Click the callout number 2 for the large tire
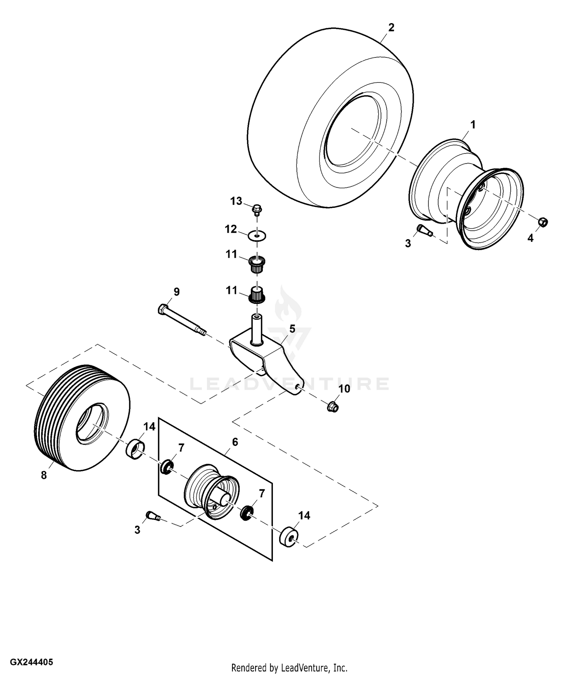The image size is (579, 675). [x=391, y=28]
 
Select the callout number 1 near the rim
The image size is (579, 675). [x=473, y=125]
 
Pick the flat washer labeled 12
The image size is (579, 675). [x=258, y=235]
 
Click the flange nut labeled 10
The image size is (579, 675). [x=332, y=407]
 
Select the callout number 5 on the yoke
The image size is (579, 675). [x=292, y=329]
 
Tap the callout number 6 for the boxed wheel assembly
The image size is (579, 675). [x=235, y=442]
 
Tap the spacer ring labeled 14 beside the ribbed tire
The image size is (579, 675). [x=136, y=449]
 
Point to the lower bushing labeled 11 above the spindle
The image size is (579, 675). [x=257, y=295]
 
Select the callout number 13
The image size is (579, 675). [x=236, y=201]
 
